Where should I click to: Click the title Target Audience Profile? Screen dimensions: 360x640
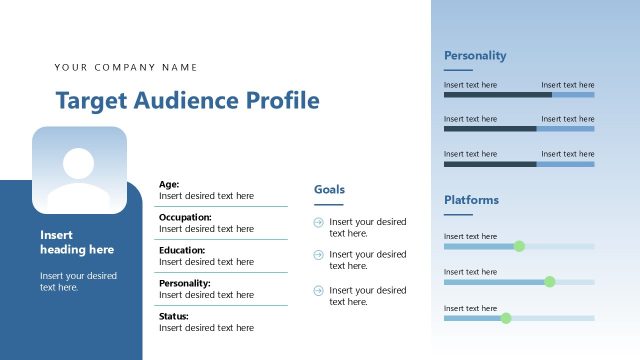point(187,101)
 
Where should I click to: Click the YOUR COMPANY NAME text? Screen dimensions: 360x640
point(126,68)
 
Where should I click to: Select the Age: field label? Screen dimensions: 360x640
point(169,184)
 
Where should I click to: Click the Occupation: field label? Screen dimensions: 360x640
point(185,217)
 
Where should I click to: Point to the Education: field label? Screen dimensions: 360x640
point(182,250)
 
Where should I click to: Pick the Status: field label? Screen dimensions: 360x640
point(174,316)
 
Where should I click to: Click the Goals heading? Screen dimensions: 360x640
point(330,189)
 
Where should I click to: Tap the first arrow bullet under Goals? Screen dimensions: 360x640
point(318,222)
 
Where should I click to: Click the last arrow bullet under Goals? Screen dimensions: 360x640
point(318,290)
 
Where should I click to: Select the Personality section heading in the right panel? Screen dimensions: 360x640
point(475,56)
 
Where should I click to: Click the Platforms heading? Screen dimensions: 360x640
point(471,200)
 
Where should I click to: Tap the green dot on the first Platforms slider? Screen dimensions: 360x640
point(519,246)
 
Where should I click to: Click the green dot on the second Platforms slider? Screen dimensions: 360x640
point(549,282)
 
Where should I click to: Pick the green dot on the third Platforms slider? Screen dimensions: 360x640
point(506,318)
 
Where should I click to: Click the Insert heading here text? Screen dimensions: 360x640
point(77,242)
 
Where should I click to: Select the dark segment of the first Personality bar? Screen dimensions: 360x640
point(497,95)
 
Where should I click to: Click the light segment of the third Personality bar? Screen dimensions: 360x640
point(565,164)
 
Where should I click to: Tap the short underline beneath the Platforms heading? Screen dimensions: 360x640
point(457,214)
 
